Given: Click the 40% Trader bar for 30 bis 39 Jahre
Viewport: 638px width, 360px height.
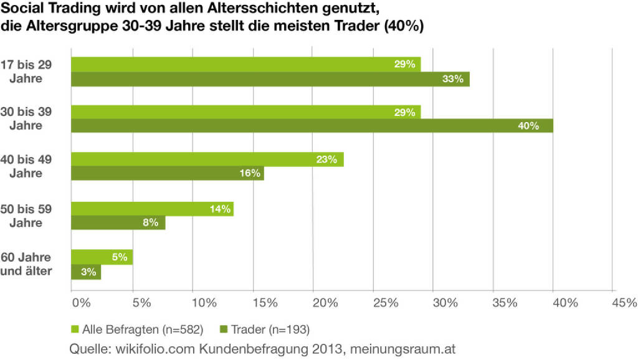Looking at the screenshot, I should [312, 126].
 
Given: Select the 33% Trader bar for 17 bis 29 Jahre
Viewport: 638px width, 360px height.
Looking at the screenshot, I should [270, 79].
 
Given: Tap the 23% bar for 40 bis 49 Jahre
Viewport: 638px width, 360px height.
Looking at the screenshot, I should [207, 159].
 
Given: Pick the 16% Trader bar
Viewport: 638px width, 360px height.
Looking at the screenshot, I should [167, 173].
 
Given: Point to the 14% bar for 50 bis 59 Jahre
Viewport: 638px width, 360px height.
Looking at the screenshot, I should [152, 209].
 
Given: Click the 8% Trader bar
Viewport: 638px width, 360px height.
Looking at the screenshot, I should [118, 222].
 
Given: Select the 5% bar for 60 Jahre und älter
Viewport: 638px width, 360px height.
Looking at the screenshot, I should [102, 257].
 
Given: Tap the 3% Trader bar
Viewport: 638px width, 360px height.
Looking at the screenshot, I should [86, 272].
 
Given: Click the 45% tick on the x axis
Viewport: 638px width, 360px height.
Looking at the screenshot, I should [624, 303].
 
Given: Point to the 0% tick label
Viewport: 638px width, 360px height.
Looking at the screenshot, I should [82, 303].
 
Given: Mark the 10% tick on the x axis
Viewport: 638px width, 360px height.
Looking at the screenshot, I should [203, 303].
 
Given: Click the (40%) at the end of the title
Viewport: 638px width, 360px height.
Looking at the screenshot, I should [402, 27].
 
